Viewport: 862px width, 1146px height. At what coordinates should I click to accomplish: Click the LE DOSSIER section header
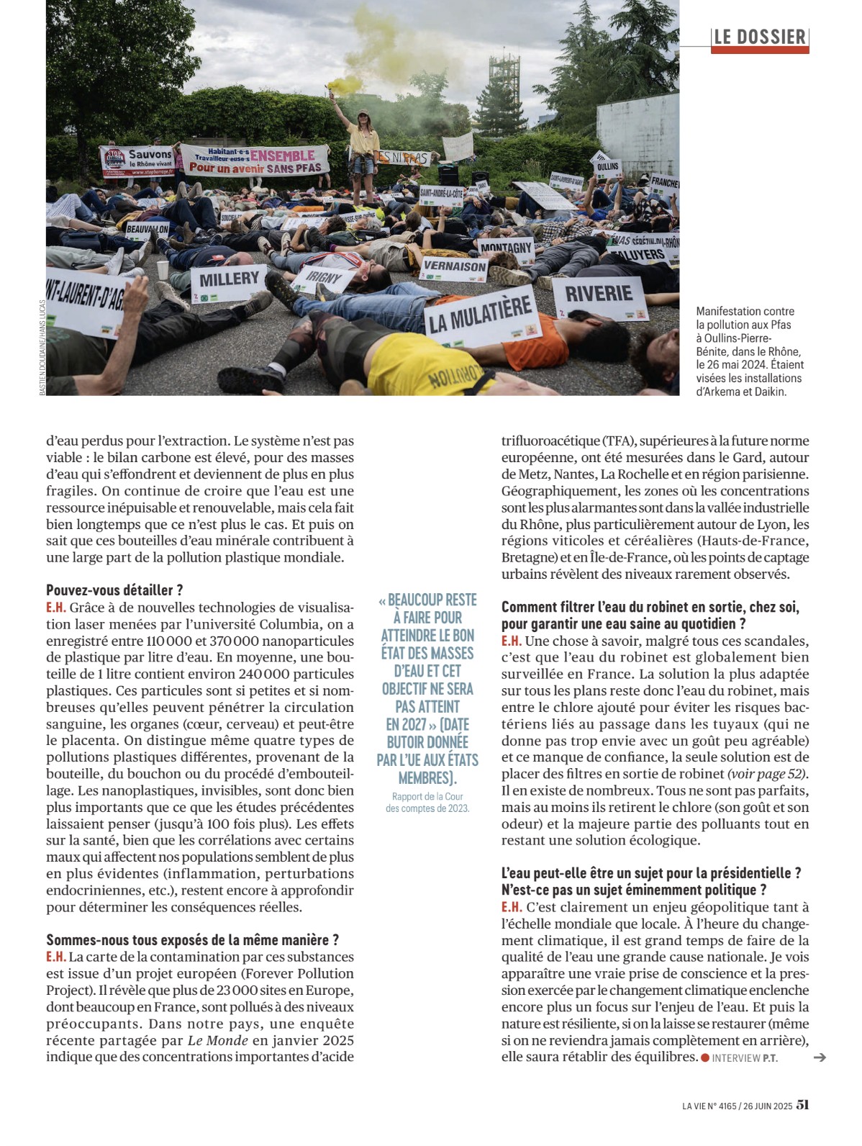point(760,37)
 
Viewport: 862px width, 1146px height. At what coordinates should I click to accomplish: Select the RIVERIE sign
point(599,294)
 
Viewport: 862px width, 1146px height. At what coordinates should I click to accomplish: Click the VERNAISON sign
point(454,266)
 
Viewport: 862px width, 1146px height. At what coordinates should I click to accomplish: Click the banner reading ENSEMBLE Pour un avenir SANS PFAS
point(255,161)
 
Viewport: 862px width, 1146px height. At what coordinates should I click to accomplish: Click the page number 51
point(802,1105)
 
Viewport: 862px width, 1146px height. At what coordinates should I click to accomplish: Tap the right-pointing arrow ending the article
point(819,1057)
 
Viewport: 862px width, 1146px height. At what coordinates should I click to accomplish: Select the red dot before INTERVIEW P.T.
point(705,1057)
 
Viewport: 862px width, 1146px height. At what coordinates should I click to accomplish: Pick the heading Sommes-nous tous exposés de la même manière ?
point(192,940)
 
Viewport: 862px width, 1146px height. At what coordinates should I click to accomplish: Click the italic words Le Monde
point(218,1040)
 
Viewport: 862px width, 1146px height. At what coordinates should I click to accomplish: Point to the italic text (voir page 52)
point(767,774)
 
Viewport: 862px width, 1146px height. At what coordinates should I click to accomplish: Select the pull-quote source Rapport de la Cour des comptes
point(427,802)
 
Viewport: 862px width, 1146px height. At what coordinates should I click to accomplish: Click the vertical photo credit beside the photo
point(42,347)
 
